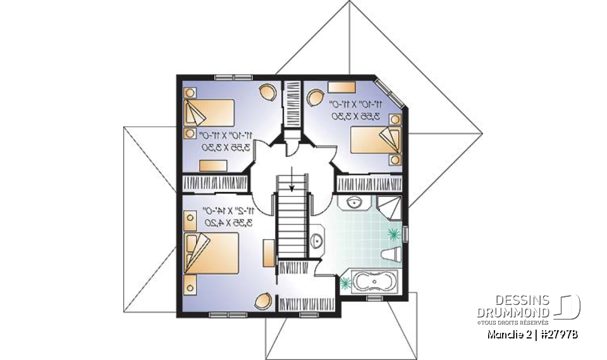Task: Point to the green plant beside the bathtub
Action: (346, 282)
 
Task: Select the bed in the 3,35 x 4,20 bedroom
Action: (211, 254)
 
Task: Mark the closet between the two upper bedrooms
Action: (292, 104)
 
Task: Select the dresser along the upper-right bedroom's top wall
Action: (339, 87)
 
